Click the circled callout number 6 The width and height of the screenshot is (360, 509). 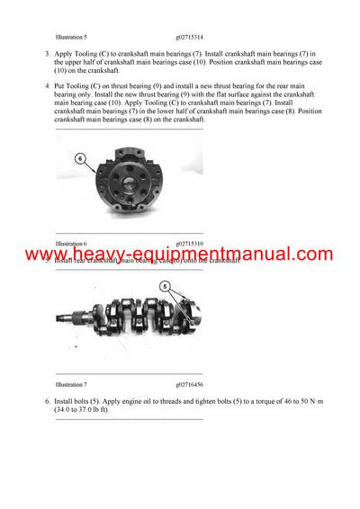coord(79,157)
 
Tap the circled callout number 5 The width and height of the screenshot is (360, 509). coord(165,287)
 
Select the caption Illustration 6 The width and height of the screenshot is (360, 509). coord(71,244)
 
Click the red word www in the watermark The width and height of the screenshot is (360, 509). coord(47,255)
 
